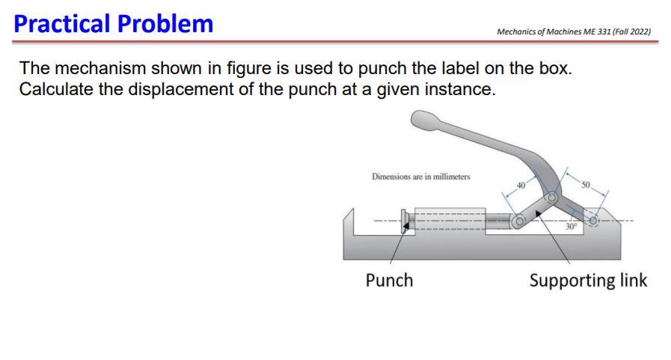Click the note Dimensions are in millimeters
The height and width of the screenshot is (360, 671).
pyautogui.click(x=421, y=177)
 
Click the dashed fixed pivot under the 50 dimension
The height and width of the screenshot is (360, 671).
pyautogui.click(x=593, y=220)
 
